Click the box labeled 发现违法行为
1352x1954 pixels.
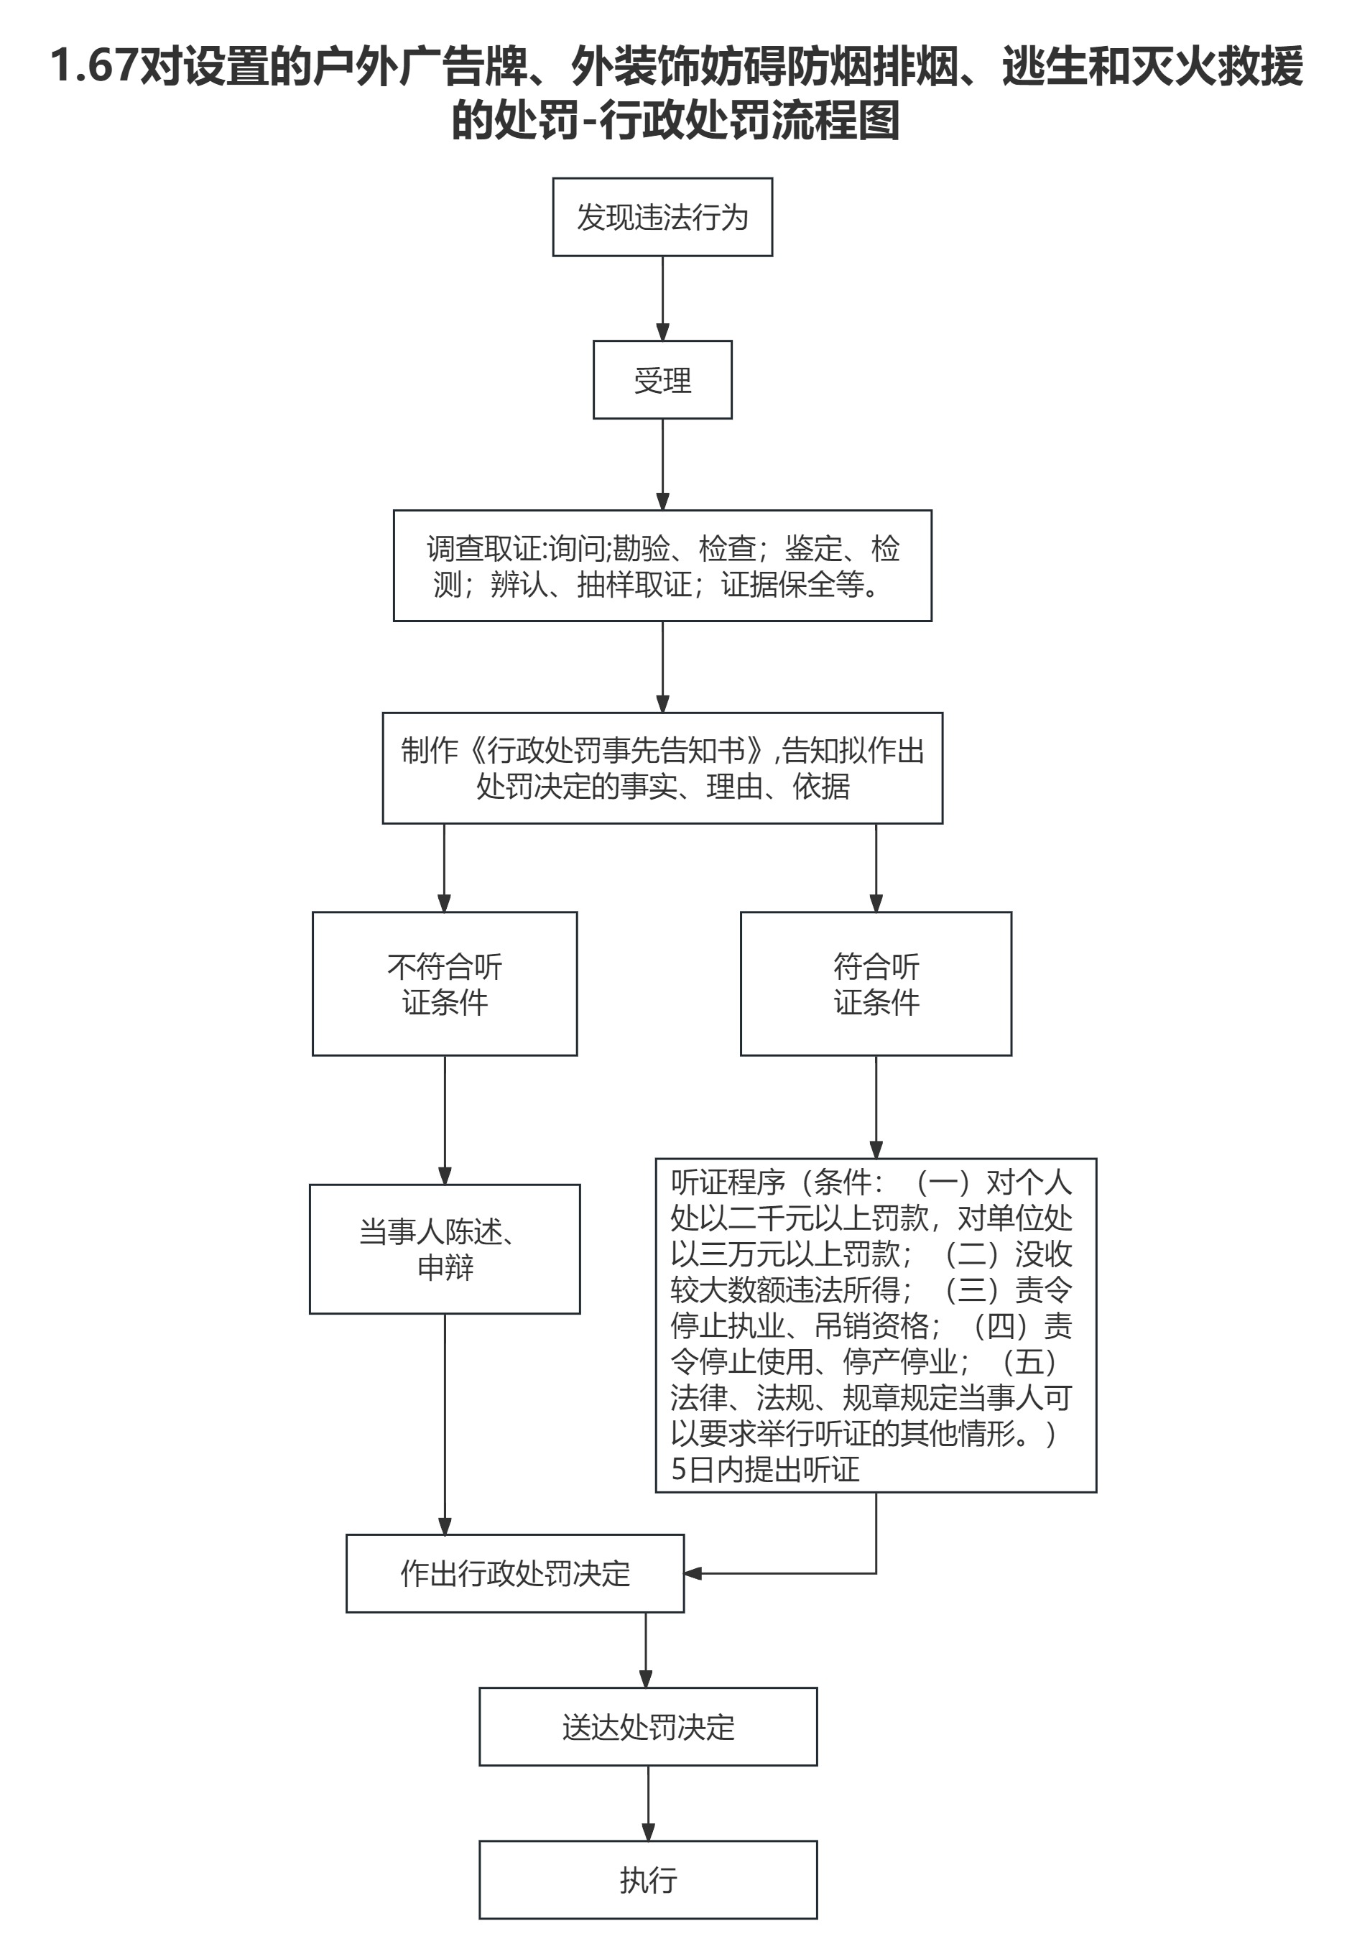click(x=662, y=217)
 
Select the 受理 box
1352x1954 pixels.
click(x=662, y=379)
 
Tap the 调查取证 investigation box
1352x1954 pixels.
click(x=662, y=565)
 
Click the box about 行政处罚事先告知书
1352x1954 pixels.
click(x=662, y=767)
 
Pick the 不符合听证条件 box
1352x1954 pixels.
click(x=444, y=983)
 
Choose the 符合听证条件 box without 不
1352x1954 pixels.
click(x=875, y=983)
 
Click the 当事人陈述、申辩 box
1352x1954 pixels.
click(x=444, y=1249)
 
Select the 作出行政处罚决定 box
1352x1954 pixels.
click(x=514, y=1573)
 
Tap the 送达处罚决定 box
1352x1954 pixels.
click(x=647, y=1726)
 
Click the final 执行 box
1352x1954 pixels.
click(x=647, y=1879)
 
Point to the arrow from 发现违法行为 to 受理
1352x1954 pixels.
click(x=662, y=298)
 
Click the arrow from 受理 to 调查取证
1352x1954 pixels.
click(x=662, y=464)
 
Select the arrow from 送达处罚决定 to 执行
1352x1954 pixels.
click(x=648, y=1803)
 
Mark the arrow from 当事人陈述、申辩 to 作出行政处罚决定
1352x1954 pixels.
click(x=445, y=1423)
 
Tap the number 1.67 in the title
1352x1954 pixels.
click(x=93, y=66)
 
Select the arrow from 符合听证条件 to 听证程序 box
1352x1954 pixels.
click(x=876, y=1106)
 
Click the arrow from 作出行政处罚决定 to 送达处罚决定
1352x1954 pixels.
click(x=646, y=1649)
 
